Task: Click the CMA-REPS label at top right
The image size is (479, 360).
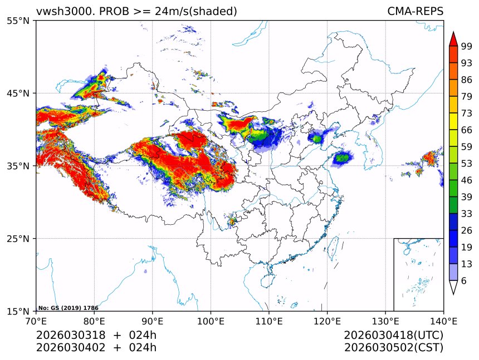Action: [x=415, y=11]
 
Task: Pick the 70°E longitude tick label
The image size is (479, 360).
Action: [x=36, y=321]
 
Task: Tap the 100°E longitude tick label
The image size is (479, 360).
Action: [x=211, y=321]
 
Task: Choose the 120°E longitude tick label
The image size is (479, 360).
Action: [x=327, y=321]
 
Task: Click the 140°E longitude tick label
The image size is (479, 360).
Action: [x=443, y=321]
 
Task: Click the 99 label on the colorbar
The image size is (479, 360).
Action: [x=466, y=46]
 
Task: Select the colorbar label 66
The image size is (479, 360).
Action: [x=466, y=130]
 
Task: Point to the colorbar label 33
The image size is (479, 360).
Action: [x=466, y=214]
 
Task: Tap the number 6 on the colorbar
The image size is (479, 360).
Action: [x=463, y=281]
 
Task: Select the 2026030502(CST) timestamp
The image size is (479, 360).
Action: [x=393, y=348]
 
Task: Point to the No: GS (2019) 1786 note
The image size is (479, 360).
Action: [x=68, y=308]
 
